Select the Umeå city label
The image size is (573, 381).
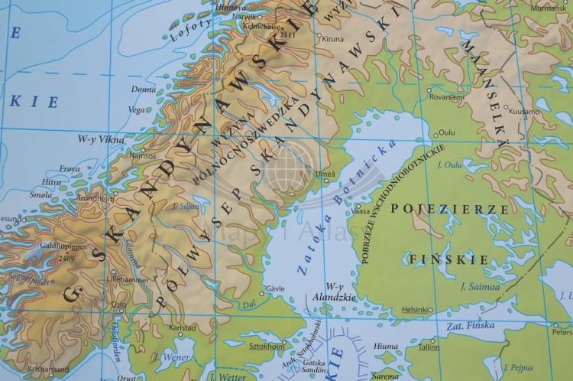325,174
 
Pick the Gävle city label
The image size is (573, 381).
274,290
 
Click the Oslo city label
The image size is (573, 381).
118,304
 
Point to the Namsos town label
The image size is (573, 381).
142,156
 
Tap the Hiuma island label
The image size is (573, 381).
387,346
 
